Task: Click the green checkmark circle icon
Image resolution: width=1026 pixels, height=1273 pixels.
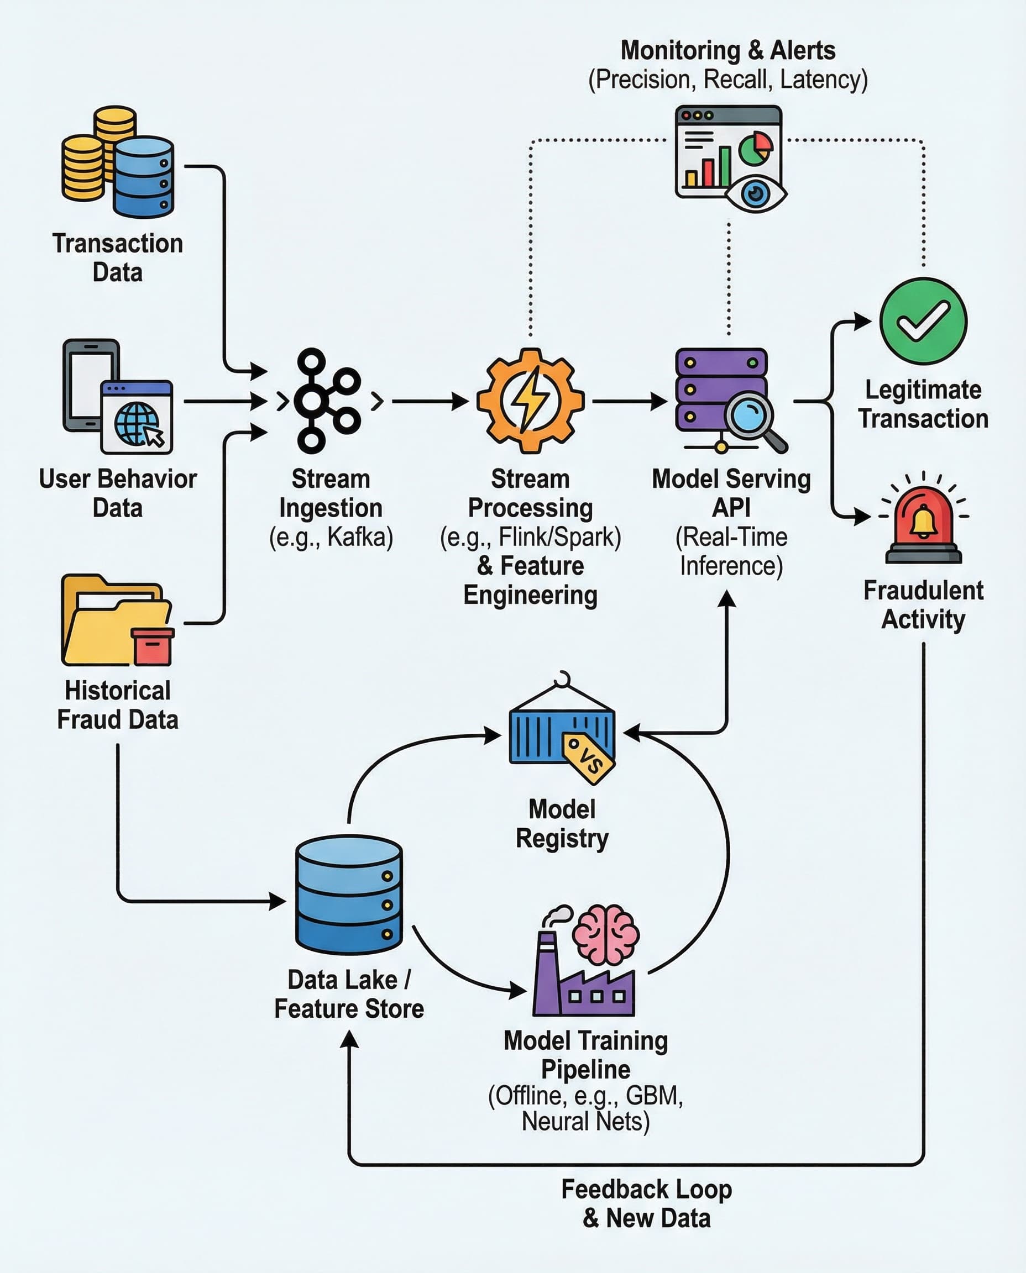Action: (923, 321)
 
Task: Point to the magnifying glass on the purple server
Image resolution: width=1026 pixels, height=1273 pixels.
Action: (752, 416)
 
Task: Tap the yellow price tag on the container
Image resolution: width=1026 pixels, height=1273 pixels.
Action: (589, 758)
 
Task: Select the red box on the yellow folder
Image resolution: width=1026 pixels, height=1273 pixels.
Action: (153, 647)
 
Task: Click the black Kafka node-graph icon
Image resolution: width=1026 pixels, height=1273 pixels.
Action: (328, 401)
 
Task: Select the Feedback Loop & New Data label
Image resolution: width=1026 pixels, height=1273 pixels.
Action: (646, 1203)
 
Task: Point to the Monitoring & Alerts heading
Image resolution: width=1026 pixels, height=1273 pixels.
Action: (727, 50)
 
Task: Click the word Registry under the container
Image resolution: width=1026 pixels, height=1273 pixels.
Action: (562, 838)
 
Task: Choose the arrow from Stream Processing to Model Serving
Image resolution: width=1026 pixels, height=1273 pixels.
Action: (630, 401)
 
